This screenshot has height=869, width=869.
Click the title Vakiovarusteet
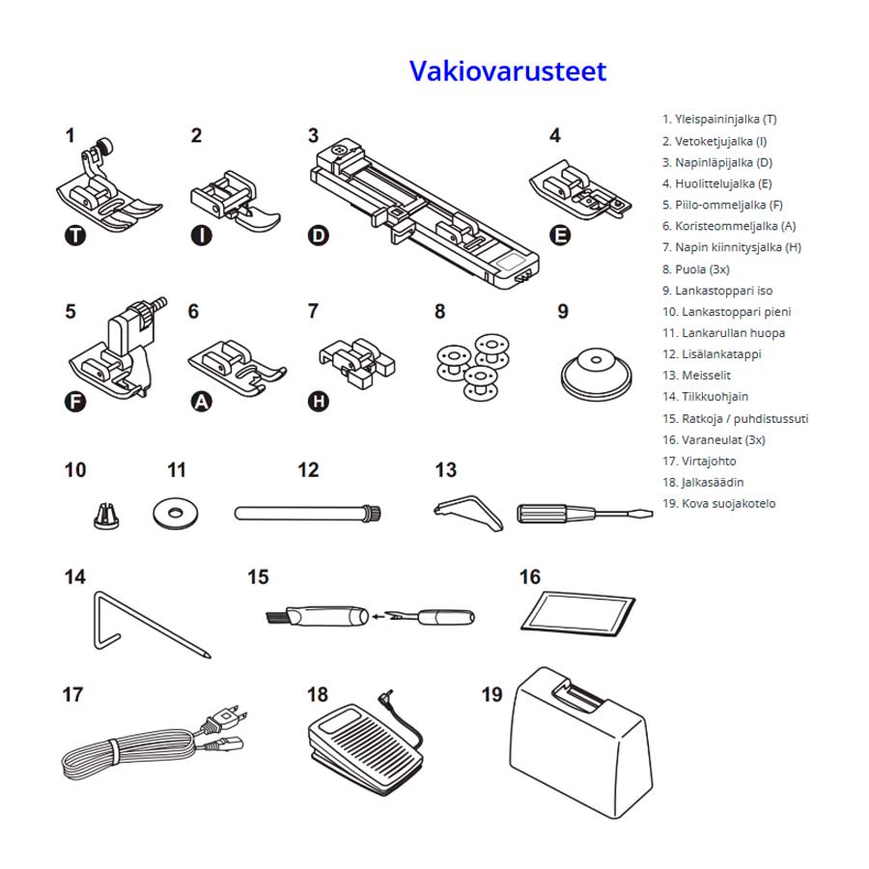point(507,71)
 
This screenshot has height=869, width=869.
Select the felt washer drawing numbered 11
point(177,512)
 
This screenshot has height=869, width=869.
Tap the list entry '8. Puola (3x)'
point(695,269)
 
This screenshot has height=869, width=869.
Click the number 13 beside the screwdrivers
point(445,470)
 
